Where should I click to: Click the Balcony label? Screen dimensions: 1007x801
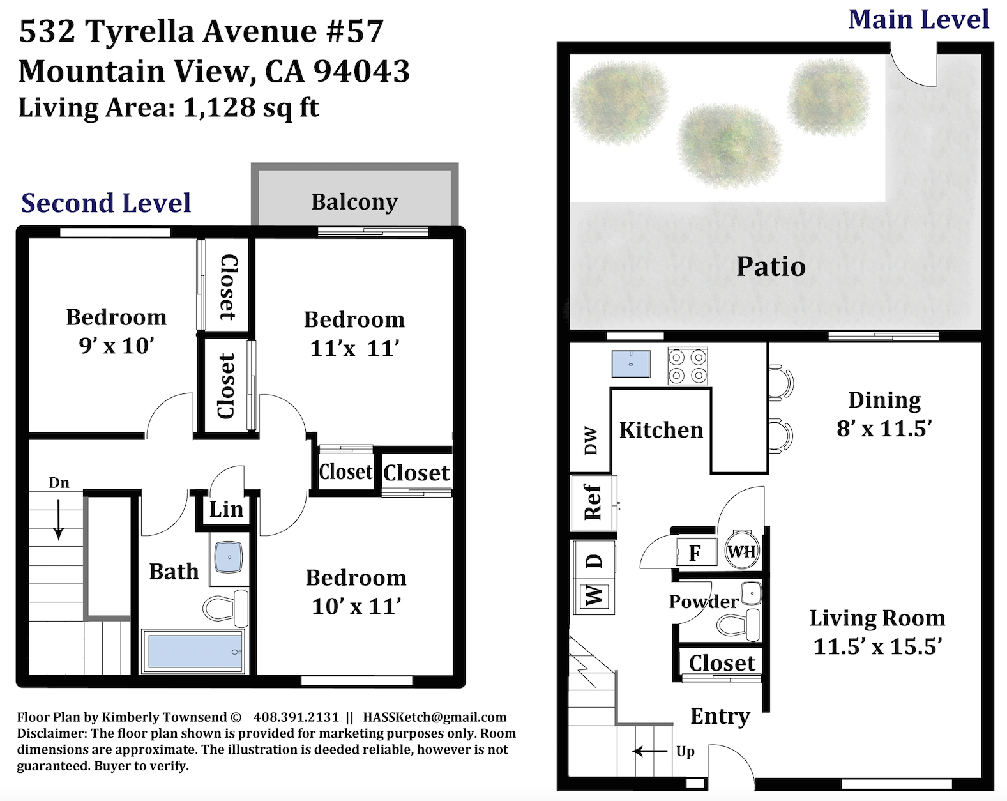tap(354, 202)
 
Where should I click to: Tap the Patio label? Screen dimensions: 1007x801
tap(771, 267)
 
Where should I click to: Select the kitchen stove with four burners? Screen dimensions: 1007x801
tap(687, 366)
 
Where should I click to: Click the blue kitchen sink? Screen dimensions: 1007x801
tap(631, 363)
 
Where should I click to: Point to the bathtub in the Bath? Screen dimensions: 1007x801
tap(193, 651)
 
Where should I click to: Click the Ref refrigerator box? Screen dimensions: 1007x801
tap(593, 503)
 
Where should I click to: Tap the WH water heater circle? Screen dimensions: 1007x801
tap(741, 551)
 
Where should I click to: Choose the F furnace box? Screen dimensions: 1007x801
tap(696, 553)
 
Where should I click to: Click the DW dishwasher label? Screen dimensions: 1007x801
tap(591, 441)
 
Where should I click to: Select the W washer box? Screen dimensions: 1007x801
tap(594, 596)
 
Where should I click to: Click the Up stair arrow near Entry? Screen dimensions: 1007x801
tap(649, 751)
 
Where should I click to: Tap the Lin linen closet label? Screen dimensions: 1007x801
tap(226, 509)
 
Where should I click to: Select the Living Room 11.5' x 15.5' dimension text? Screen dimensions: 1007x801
tap(877, 646)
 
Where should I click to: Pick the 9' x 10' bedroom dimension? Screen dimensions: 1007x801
tap(116, 346)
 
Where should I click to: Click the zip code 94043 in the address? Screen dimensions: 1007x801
tap(361, 72)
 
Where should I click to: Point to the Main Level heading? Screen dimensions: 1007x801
tap(918, 20)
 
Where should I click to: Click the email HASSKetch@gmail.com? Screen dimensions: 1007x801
tap(435, 717)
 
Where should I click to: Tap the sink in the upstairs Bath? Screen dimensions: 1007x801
tap(229, 557)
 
